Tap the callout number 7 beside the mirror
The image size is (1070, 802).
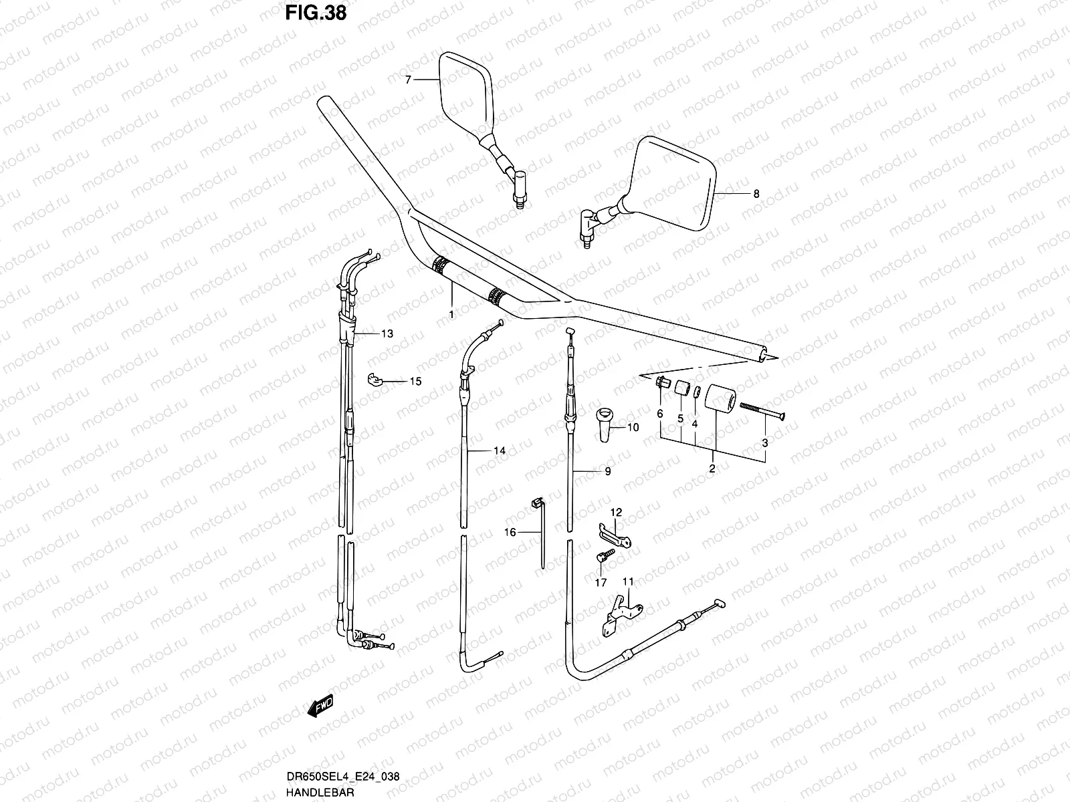click(408, 80)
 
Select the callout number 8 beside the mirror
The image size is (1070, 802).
click(756, 194)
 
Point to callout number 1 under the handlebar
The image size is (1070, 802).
click(451, 313)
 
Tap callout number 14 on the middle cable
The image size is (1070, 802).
click(499, 451)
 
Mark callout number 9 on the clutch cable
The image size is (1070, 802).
click(607, 471)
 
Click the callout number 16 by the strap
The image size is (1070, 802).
click(510, 532)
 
